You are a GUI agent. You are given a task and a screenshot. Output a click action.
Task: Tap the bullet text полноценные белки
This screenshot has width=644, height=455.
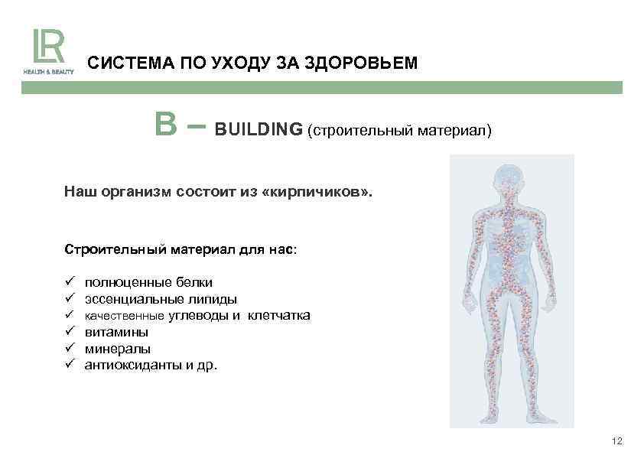148,282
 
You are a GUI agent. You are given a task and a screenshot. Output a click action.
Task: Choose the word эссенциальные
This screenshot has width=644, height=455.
125,299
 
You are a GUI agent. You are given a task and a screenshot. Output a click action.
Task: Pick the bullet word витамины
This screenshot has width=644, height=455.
116,332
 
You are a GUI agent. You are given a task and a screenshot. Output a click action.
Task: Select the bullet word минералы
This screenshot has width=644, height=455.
117,349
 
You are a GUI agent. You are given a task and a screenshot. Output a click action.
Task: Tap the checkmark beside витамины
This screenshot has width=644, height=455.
69,332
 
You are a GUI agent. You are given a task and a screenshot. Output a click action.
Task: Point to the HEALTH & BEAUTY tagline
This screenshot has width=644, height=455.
48,71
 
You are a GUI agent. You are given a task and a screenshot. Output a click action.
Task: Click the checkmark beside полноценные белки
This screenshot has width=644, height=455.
69,282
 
